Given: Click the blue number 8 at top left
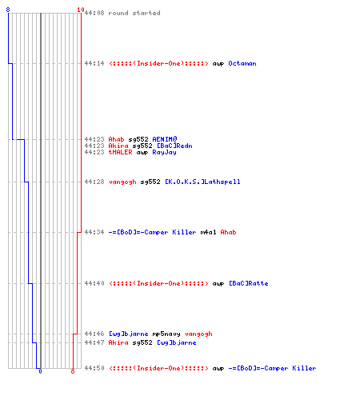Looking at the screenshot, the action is click(x=8, y=10).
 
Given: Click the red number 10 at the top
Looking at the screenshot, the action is click(x=81, y=10).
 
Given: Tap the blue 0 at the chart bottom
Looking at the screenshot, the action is click(x=40, y=371).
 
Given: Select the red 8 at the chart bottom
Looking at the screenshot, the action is click(x=73, y=371).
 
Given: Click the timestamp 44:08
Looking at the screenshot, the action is click(x=94, y=13).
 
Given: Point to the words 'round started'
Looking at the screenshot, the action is click(x=134, y=13).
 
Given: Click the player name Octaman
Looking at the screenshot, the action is click(x=242, y=63).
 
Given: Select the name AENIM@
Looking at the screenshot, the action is click(x=165, y=139).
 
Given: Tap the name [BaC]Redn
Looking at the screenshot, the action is click(x=174, y=146).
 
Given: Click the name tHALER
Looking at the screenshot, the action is click(x=120, y=152).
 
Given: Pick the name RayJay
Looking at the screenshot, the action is click(x=164, y=152).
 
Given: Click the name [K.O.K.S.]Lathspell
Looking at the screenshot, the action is click(x=202, y=182).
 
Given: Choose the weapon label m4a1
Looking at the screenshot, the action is click(x=208, y=232).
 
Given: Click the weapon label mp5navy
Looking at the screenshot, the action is click(x=166, y=334).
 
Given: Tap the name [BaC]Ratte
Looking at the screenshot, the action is click(x=249, y=283).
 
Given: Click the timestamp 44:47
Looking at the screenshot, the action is click(x=94, y=342).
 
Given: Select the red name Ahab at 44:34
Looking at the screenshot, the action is click(x=228, y=232).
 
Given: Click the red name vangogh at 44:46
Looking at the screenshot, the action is click(x=198, y=334).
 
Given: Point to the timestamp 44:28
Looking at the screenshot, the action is click(x=94, y=182).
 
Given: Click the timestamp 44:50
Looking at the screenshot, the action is click(x=94, y=368).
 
